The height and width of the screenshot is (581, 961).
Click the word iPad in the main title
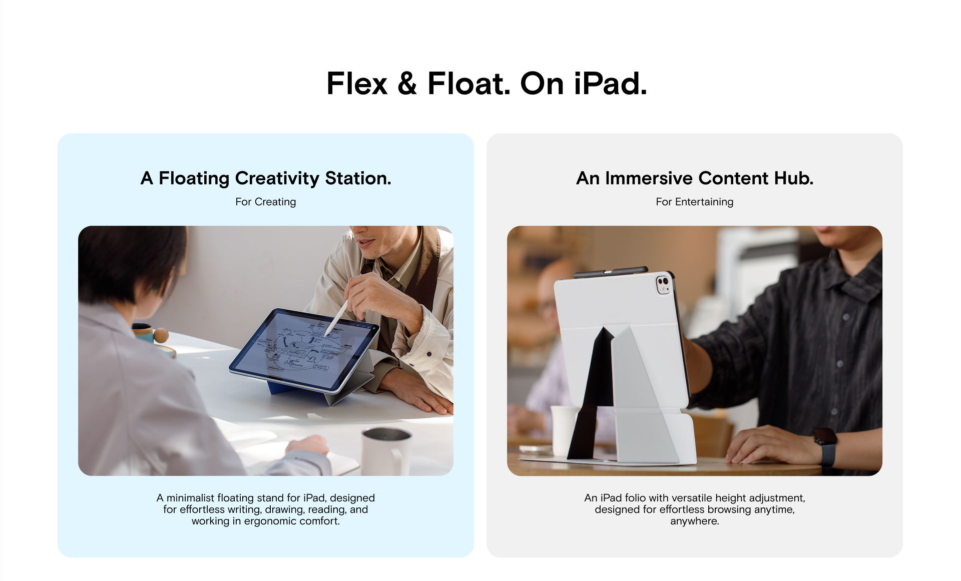[x=610, y=83]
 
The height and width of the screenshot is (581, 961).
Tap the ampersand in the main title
[x=407, y=83]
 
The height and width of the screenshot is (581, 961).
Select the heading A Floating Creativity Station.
[x=266, y=178]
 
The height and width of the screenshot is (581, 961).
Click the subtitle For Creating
[x=266, y=202]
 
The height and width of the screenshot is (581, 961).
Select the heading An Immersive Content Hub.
[x=695, y=178]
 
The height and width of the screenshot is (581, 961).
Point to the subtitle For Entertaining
[x=695, y=202]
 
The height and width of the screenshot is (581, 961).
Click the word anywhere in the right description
[x=695, y=521]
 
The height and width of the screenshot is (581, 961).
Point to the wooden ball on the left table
[x=161, y=335]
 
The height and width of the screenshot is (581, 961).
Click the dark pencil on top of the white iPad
[x=611, y=271]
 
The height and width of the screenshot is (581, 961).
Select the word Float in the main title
[x=469, y=83]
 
